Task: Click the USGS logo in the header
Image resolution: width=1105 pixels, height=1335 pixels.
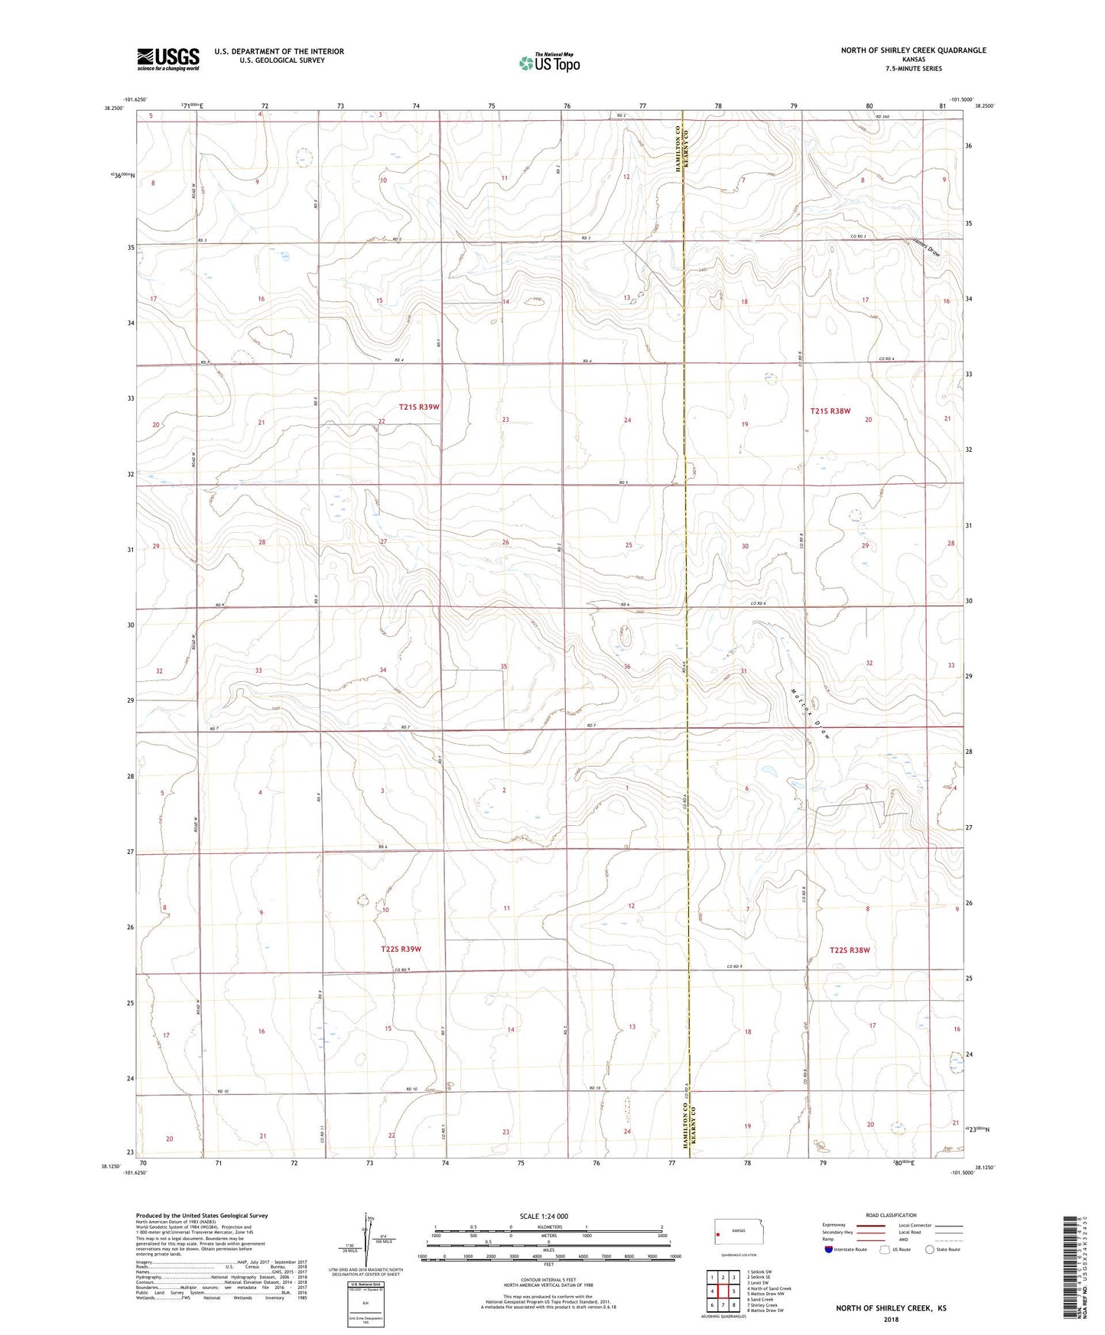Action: click(x=168, y=58)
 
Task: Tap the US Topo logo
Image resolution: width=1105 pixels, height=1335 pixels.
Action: click(x=548, y=63)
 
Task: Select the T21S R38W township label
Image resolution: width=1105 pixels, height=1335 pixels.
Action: click(x=830, y=411)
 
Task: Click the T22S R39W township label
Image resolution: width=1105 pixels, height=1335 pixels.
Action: click(x=401, y=949)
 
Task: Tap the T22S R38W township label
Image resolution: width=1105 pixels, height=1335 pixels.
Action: click(x=850, y=950)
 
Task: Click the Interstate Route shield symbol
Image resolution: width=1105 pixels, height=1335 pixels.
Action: click(x=829, y=1249)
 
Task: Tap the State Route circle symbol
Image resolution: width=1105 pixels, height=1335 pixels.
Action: click(x=930, y=1249)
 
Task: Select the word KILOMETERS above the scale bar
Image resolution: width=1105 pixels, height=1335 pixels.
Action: click(x=548, y=1227)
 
